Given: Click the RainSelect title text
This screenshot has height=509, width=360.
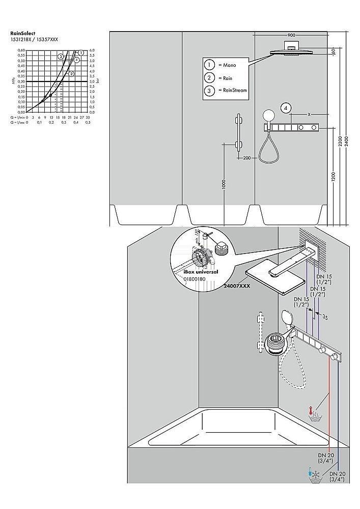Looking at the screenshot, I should pyautogui.click(x=22, y=34).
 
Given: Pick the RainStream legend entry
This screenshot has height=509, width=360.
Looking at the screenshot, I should pyautogui.click(x=232, y=91).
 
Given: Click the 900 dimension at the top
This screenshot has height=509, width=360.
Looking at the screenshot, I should pyautogui.click(x=291, y=35).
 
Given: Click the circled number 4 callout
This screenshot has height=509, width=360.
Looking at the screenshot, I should pyautogui.click(x=286, y=108).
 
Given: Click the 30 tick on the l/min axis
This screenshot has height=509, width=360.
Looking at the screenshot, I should pyautogui.click(x=88, y=117).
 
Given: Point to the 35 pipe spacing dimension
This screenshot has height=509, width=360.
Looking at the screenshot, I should pyautogui.click(x=324, y=317).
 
